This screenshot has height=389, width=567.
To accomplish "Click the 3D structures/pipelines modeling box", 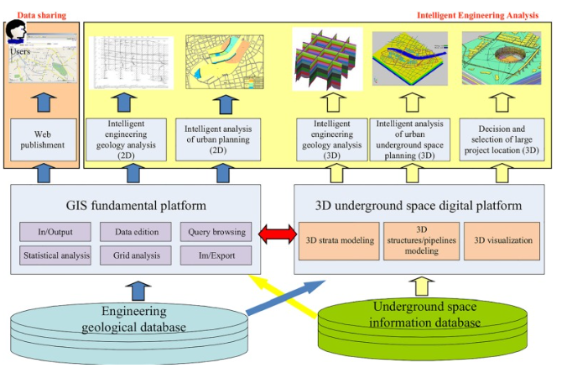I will point(417,240).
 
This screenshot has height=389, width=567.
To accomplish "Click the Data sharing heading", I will point(42,15).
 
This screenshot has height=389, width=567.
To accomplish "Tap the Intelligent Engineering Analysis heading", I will point(478,15).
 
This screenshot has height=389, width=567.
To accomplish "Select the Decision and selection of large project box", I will point(501,137).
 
